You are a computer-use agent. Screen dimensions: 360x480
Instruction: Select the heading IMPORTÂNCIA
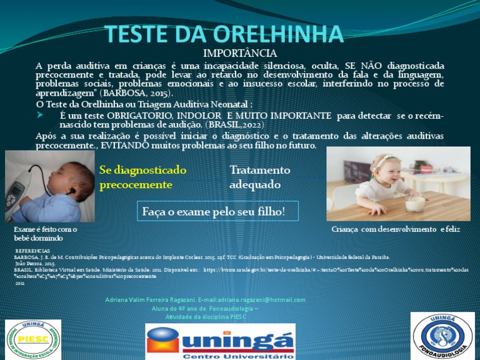click(240, 54)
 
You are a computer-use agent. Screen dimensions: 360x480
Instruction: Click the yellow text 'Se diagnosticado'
click(142, 170)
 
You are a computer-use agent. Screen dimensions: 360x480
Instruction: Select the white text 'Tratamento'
click(260, 170)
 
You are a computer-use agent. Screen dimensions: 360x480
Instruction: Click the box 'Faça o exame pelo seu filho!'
click(217, 211)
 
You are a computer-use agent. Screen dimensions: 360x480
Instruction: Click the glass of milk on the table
click(415, 203)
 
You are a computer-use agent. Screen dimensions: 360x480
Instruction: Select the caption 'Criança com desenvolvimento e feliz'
click(395, 229)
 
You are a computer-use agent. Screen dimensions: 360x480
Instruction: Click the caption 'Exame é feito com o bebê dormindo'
click(45, 234)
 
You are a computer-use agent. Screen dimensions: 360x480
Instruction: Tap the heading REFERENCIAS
click(32, 249)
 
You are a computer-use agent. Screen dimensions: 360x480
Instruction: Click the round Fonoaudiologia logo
click(442, 335)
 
